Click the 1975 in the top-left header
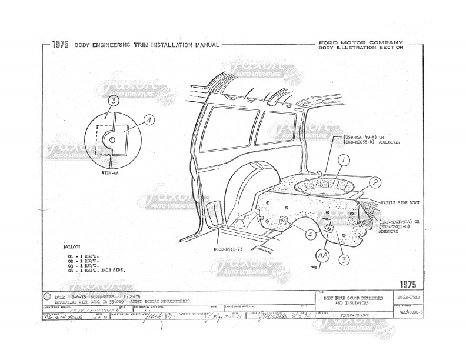pyautogui.click(x=60, y=45)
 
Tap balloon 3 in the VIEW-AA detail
pyautogui.click(x=114, y=101)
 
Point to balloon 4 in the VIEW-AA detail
pyautogui.click(x=149, y=119)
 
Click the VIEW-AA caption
pyautogui.click(x=109, y=174)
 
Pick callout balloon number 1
pyautogui.click(x=342, y=159)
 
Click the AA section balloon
pyautogui.click(x=322, y=256)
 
